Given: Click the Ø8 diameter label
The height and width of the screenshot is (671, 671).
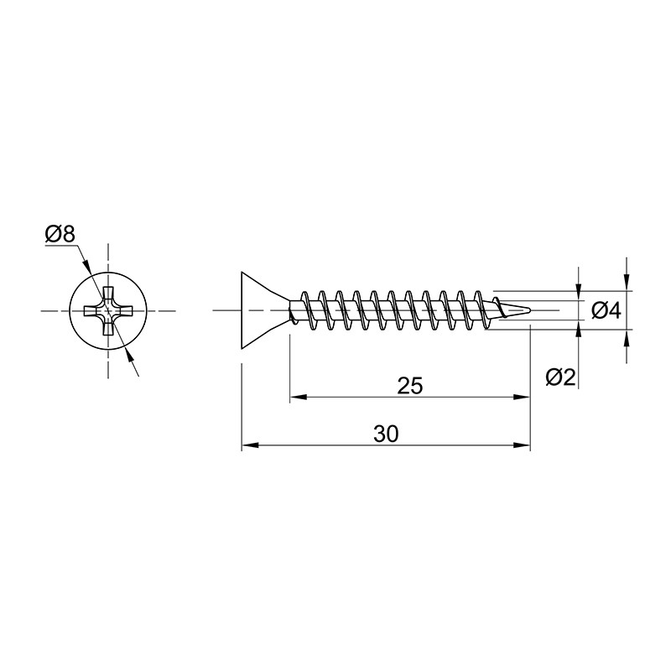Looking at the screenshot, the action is (60, 235).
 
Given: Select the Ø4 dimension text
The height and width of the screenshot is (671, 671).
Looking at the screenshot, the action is (606, 310).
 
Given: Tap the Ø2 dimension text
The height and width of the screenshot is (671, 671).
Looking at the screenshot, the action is (561, 377).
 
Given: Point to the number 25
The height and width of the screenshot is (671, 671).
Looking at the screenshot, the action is (410, 386).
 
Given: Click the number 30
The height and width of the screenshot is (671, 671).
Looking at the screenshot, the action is (386, 434).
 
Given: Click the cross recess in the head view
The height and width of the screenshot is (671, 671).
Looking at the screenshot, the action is (108, 310).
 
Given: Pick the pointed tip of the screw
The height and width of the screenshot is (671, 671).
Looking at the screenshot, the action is (531, 309).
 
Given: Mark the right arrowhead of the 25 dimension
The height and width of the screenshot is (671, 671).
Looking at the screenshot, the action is (522, 397).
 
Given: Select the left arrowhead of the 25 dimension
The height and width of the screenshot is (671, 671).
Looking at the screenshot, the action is (299, 397).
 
